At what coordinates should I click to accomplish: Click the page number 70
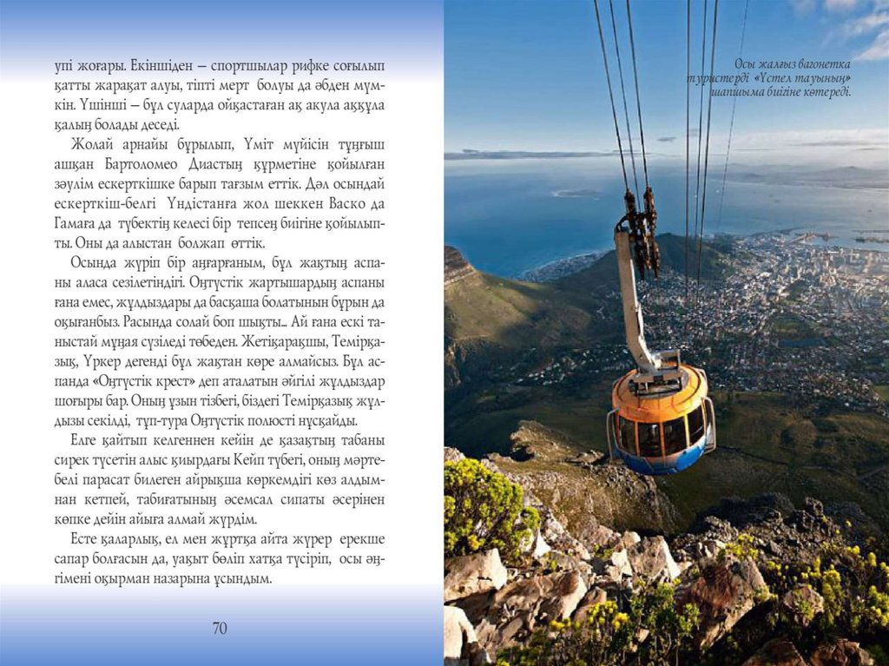coord(220,628)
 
